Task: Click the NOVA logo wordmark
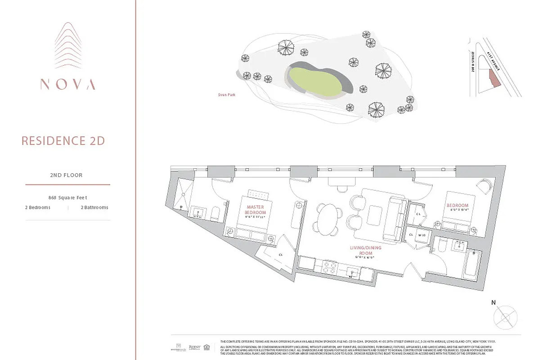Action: pos(67,84)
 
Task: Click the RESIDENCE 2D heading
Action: pos(63,141)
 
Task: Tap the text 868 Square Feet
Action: pos(67,198)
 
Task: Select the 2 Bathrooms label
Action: pos(94,207)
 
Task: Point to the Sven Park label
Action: pos(226,95)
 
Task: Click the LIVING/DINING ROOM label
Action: pos(365,250)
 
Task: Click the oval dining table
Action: pos(327,219)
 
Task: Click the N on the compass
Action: pos(493,303)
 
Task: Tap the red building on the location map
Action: pos(494,81)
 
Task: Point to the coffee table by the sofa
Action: pos(375,213)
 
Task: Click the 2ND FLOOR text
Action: pos(66,175)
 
